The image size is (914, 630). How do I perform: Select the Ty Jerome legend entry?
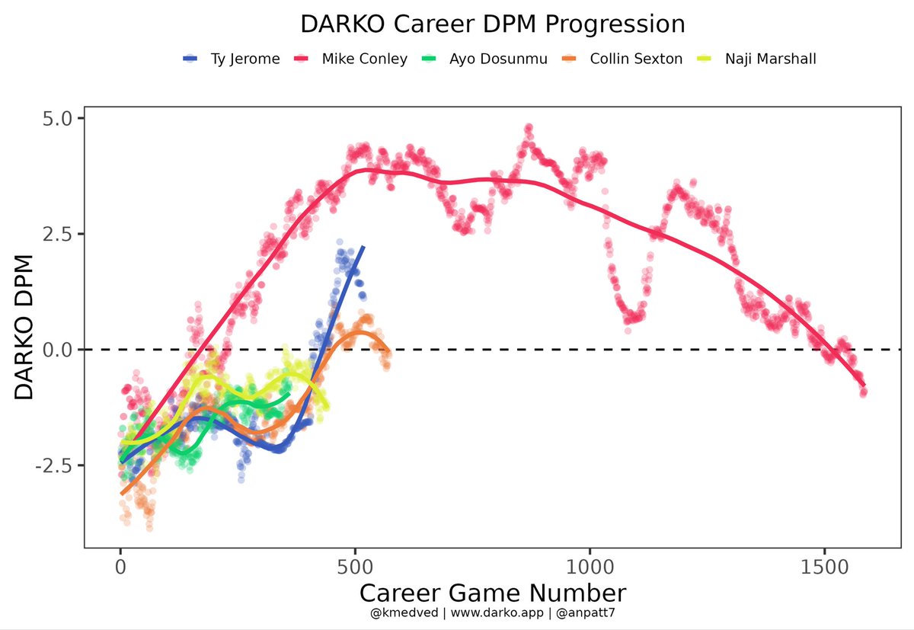(244, 59)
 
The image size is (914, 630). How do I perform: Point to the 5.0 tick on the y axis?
(57, 118)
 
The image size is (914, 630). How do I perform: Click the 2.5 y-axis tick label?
(57, 234)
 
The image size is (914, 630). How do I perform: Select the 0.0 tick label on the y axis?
(57, 350)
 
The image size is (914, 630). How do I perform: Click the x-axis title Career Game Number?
(493, 593)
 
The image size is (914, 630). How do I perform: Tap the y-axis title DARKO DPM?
(24, 327)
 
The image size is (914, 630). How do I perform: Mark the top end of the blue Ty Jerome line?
(363, 248)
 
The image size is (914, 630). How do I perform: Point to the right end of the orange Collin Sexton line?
(388, 353)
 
